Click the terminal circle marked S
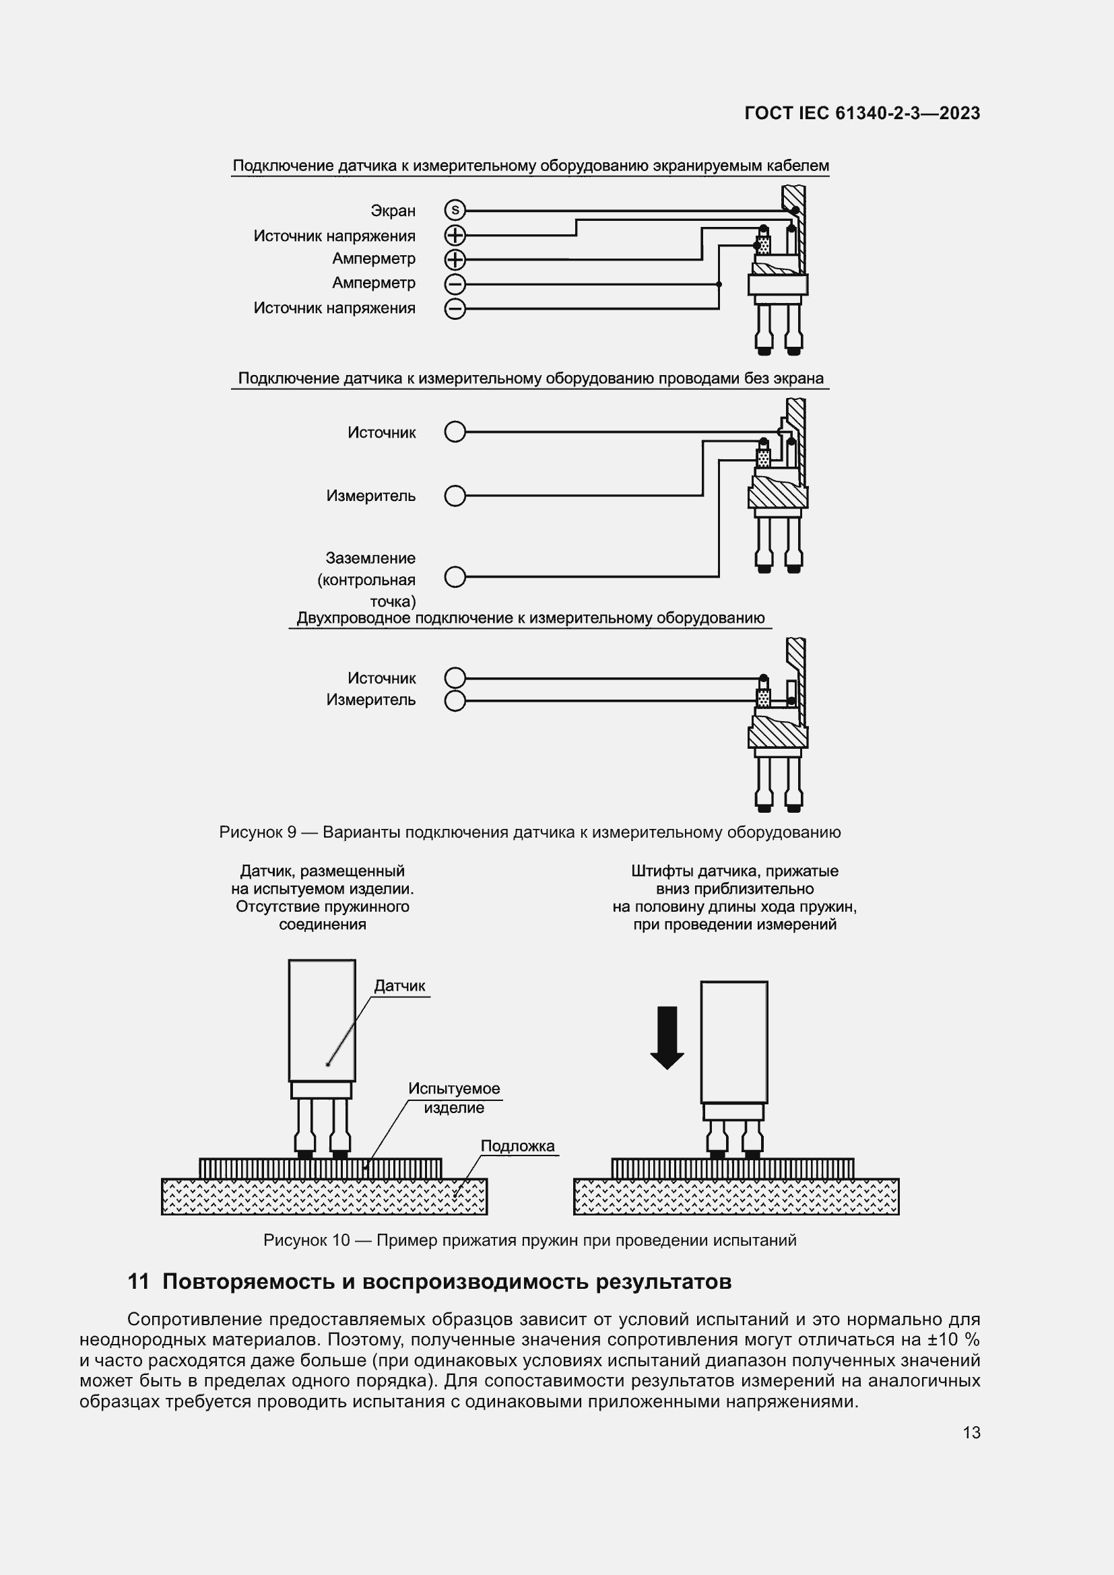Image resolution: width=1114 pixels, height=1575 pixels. pos(455,211)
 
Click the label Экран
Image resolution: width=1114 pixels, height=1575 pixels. pos(393,211)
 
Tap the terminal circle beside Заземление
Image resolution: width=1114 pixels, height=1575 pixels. pos(455,577)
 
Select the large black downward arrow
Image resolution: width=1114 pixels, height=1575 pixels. pos(667,1037)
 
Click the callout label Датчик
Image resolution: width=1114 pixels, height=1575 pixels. pos(399,986)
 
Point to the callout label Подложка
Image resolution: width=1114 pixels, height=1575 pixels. pos(517,1145)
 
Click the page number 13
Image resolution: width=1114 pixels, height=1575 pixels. pos(971,1432)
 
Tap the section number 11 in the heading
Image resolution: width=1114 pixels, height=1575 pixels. pos(139,1281)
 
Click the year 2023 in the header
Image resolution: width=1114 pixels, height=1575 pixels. pos(959,114)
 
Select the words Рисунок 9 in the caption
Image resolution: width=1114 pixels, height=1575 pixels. pos(258,833)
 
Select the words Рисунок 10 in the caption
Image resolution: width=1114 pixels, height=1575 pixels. pos(306,1240)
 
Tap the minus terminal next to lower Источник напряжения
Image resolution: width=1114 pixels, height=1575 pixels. pos(455,308)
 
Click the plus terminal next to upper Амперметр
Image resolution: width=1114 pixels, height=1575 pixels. pos(455,260)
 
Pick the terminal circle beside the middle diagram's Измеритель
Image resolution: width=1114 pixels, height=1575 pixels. pos(455,496)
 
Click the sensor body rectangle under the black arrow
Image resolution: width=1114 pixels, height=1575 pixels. pos(733,1041)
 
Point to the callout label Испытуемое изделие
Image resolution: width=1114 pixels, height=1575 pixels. pos(454,1098)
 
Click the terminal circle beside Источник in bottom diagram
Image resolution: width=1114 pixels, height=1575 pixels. pos(455,679)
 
